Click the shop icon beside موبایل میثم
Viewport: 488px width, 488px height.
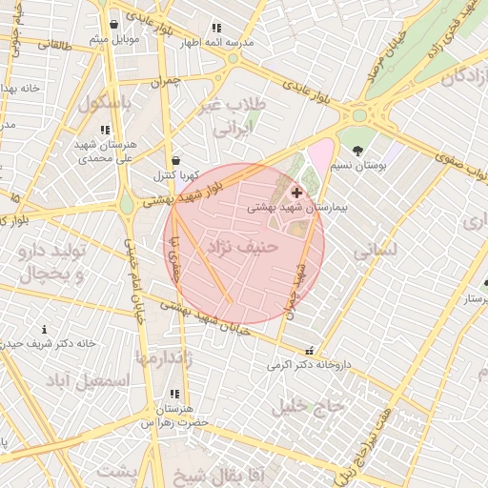point(114,25)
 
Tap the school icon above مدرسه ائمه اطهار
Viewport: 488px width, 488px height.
point(216,29)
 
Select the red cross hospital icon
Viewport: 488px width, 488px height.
point(296,192)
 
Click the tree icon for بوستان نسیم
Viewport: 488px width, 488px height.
point(357,151)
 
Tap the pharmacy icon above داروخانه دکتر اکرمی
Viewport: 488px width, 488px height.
point(307,350)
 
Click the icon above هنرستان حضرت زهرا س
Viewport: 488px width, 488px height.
point(173,394)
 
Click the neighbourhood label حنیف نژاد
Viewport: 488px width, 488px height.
point(245,247)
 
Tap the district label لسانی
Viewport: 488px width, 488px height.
point(374,252)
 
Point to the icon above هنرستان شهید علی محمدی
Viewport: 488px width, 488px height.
point(105,130)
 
